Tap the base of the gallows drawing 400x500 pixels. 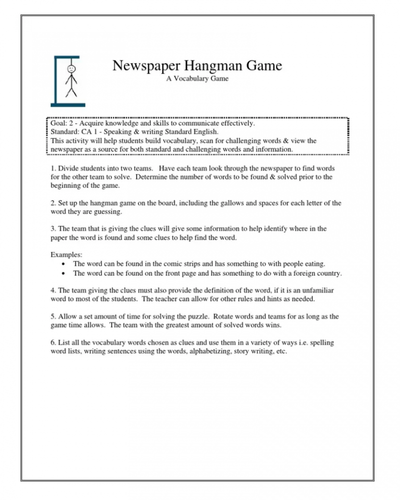(x=67, y=105)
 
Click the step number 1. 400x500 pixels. (x=53, y=169)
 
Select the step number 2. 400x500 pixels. (x=53, y=204)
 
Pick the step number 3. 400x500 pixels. (x=53, y=229)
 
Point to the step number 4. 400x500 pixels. (x=53, y=291)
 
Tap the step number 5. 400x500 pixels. (x=53, y=317)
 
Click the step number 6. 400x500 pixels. (x=53, y=343)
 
